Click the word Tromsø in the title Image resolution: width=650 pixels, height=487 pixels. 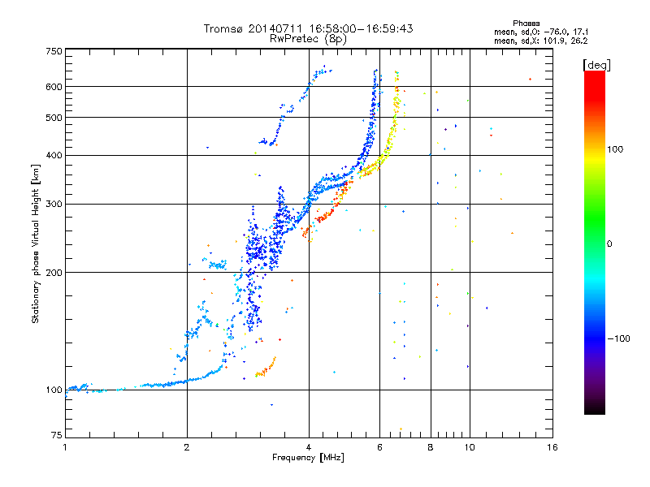tap(223, 28)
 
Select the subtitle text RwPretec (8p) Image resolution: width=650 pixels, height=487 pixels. tap(308, 39)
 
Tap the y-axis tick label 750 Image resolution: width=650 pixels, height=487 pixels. tap(54, 51)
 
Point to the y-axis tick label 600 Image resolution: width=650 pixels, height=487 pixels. tap(54, 87)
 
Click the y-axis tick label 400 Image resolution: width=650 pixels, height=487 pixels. tap(54, 155)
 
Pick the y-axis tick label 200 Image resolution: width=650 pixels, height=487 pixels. tap(54, 273)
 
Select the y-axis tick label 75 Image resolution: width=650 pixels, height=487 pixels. tap(57, 435)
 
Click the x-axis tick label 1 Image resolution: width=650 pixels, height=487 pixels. tap(65, 447)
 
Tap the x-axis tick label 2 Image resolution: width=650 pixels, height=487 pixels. tap(187, 447)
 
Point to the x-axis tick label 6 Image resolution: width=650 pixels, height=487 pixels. tap(379, 447)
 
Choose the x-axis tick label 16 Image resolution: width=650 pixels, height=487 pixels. tap(552, 447)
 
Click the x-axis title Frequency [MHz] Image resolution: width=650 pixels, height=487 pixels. tap(308, 458)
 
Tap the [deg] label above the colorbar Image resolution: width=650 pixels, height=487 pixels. tap(596, 65)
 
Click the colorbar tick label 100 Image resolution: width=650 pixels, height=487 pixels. tap(615, 149)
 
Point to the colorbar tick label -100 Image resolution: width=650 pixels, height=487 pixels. tap(618, 338)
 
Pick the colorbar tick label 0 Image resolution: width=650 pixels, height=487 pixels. tap(609, 244)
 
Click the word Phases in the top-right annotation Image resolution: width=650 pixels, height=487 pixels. tap(526, 24)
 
